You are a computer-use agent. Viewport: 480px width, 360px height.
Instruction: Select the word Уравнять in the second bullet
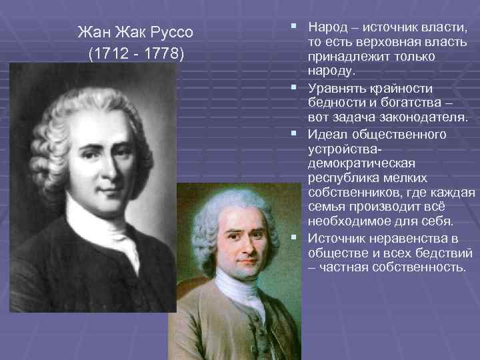(336, 89)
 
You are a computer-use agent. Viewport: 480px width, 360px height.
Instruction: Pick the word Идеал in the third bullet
(326, 135)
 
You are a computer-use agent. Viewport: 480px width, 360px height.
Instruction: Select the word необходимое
(349, 221)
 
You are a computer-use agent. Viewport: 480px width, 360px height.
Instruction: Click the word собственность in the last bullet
(419, 267)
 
